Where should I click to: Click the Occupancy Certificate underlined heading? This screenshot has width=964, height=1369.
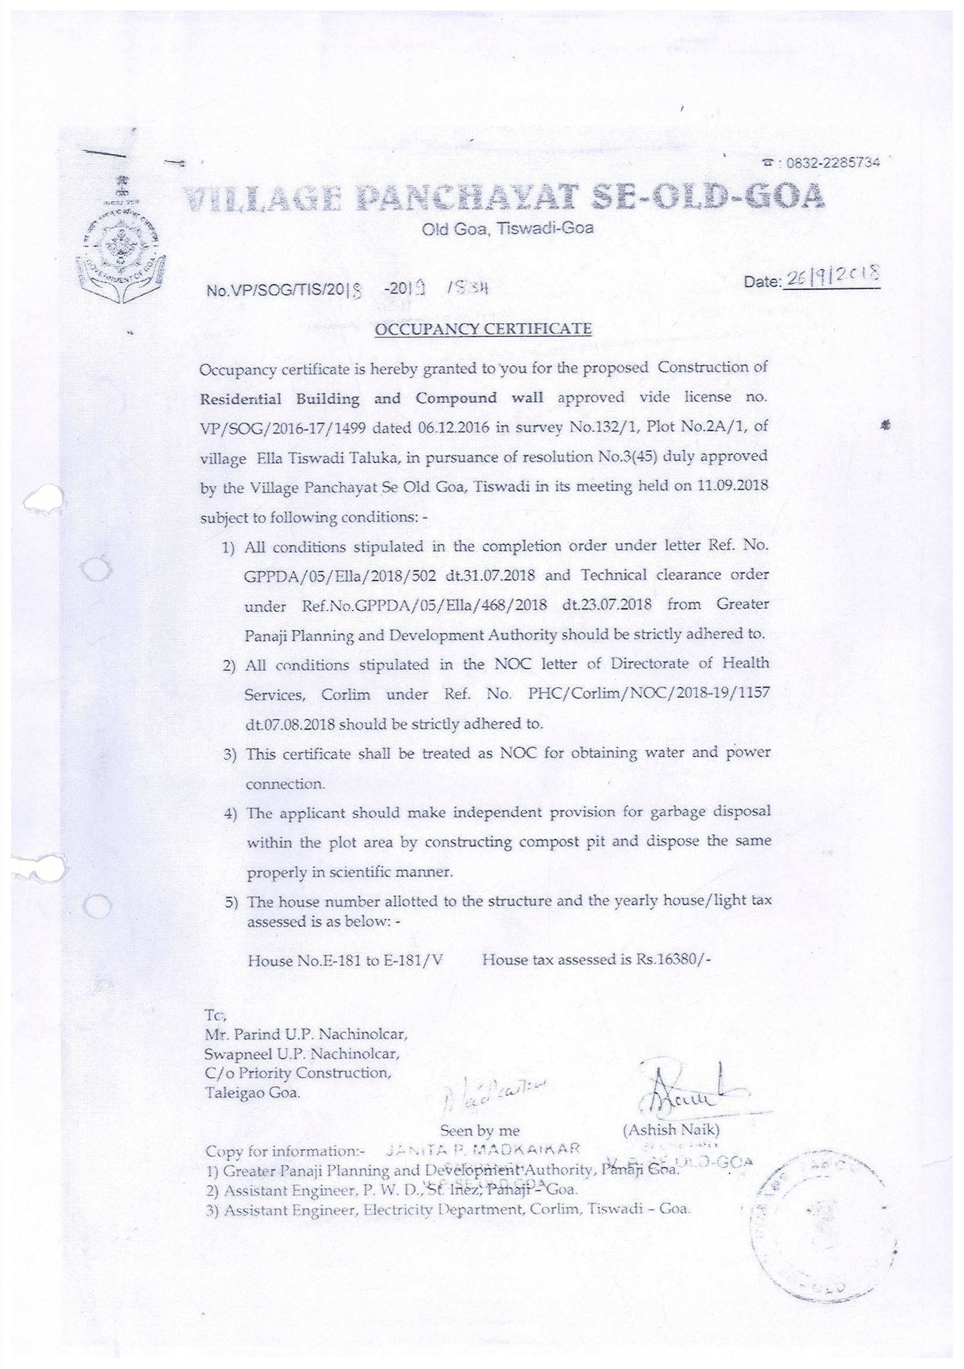483,328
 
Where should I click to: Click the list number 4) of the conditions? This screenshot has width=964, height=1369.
231,813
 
